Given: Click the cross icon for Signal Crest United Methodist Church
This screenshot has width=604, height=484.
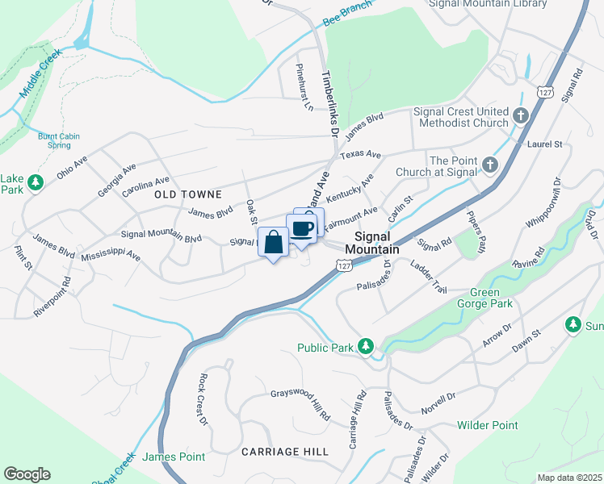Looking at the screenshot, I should pos(521,116).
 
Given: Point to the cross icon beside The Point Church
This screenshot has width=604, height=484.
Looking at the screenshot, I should pos(489,165).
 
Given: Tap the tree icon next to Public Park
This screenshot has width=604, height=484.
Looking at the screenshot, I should pos(366,347).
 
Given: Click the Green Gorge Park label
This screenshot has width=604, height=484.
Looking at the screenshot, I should pos(485,298).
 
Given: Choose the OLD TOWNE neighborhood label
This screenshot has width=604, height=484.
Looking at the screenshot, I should pos(188,194).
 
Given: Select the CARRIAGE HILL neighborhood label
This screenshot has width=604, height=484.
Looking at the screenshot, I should pos(285,452).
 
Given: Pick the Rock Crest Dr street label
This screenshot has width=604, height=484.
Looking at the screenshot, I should pos(202,399).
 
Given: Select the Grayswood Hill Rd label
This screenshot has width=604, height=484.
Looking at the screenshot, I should pos(300,405).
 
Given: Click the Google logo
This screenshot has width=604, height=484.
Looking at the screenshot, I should pos(27,474).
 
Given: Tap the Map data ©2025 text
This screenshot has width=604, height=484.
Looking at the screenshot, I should pos(569,478).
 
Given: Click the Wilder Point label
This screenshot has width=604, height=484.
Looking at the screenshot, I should pos(487,425).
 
